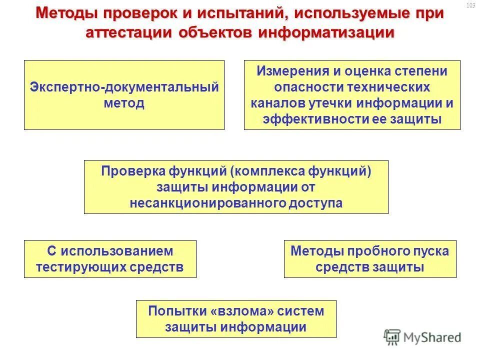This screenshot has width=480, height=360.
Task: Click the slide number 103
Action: click(x=470, y=5)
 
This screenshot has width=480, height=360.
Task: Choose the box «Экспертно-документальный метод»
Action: click(x=124, y=95)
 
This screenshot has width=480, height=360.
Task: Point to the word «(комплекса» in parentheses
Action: click(x=263, y=171)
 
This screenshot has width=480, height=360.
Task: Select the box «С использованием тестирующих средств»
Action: click(x=110, y=259)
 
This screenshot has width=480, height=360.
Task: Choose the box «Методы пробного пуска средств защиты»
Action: click(x=370, y=259)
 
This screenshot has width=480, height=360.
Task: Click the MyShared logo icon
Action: click(x=392, y=337)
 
